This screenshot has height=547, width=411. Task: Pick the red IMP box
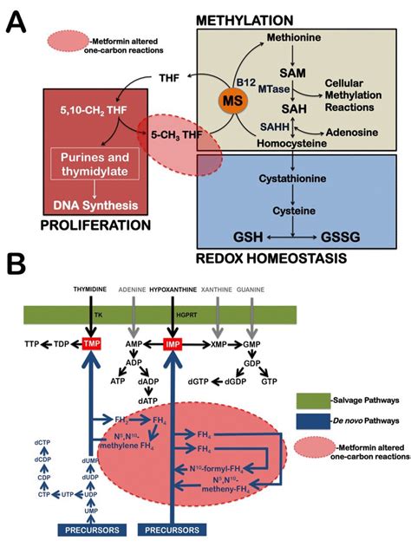(175, 343)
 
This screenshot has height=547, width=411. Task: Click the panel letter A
(17, 19)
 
